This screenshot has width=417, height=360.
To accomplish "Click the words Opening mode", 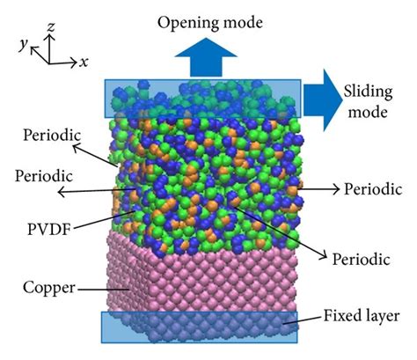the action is pos(210,24).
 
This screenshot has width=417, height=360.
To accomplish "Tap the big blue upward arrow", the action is pos(206,58).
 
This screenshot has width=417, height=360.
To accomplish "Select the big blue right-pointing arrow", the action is pos(323,100).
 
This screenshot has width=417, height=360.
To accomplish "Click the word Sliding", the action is pos(368,92).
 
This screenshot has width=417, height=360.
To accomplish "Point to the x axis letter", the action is pos(84,62).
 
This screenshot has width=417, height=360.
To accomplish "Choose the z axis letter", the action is pos(51,27).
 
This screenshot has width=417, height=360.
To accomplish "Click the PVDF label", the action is pos(49,229).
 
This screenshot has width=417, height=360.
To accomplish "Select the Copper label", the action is pos(49,288).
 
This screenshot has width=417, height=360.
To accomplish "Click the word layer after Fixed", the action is pos(383,317).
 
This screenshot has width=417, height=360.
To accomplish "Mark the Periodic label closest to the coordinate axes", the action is pos(52,136).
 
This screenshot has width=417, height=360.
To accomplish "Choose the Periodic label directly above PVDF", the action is pos(44,176).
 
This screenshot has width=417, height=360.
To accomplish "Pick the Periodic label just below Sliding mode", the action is pos(373,189).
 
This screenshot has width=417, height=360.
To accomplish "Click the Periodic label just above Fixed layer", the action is pos(361,260).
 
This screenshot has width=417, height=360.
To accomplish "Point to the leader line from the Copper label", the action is pos(102,290).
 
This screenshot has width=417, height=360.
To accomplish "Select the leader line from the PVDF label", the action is pos(104,219).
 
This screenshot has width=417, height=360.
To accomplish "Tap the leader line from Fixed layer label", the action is pos(302,320).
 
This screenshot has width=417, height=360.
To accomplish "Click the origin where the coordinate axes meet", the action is pos(48,63).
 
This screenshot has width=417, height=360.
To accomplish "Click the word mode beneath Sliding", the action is pos(368,113).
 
